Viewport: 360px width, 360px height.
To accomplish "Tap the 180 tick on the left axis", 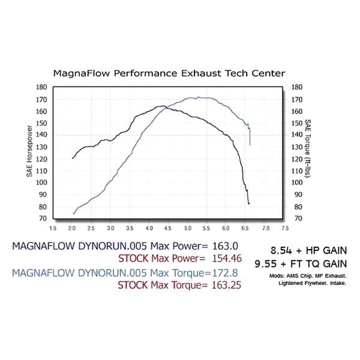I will tap(42, 87).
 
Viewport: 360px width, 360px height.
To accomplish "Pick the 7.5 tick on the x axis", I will tap(284, 229).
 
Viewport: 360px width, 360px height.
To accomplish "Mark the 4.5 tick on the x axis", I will tap(169, 229).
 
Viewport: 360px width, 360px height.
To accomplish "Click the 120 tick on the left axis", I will tap(42, 159).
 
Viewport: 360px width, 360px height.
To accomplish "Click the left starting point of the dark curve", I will tap(73, 158).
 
